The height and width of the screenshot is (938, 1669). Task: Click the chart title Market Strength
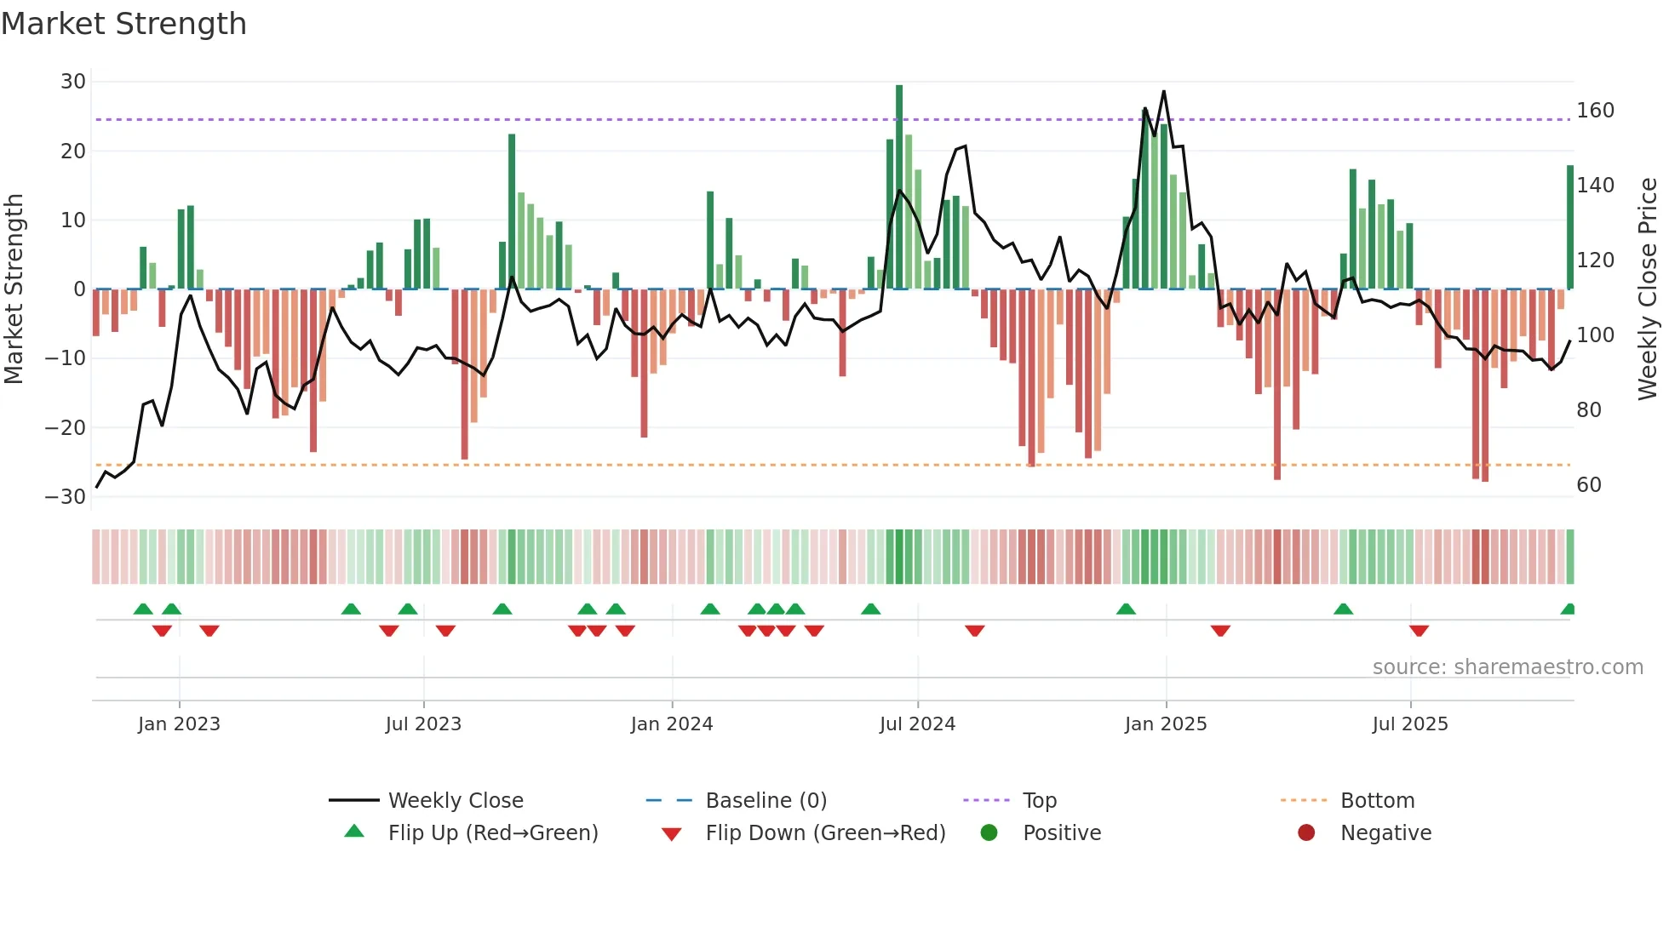(124, 24)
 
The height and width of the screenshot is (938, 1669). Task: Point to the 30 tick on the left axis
(73, 82)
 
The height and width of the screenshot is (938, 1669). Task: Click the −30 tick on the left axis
(66, 497)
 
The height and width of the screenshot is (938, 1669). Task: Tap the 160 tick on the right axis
(1595, 111)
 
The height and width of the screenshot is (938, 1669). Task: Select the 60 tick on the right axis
(1589, 485)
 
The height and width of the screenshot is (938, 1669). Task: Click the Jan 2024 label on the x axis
(672, 724)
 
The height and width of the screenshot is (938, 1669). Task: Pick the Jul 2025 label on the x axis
(1410, 724)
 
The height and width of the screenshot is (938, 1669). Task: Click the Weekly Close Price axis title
(1648, 289)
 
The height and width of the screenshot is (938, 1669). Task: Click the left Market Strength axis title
(14, 289)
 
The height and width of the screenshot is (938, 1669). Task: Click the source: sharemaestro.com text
(1507, 667)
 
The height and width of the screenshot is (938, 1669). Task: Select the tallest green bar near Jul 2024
(899, 187)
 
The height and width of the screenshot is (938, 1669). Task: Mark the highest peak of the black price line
(1164, 92)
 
